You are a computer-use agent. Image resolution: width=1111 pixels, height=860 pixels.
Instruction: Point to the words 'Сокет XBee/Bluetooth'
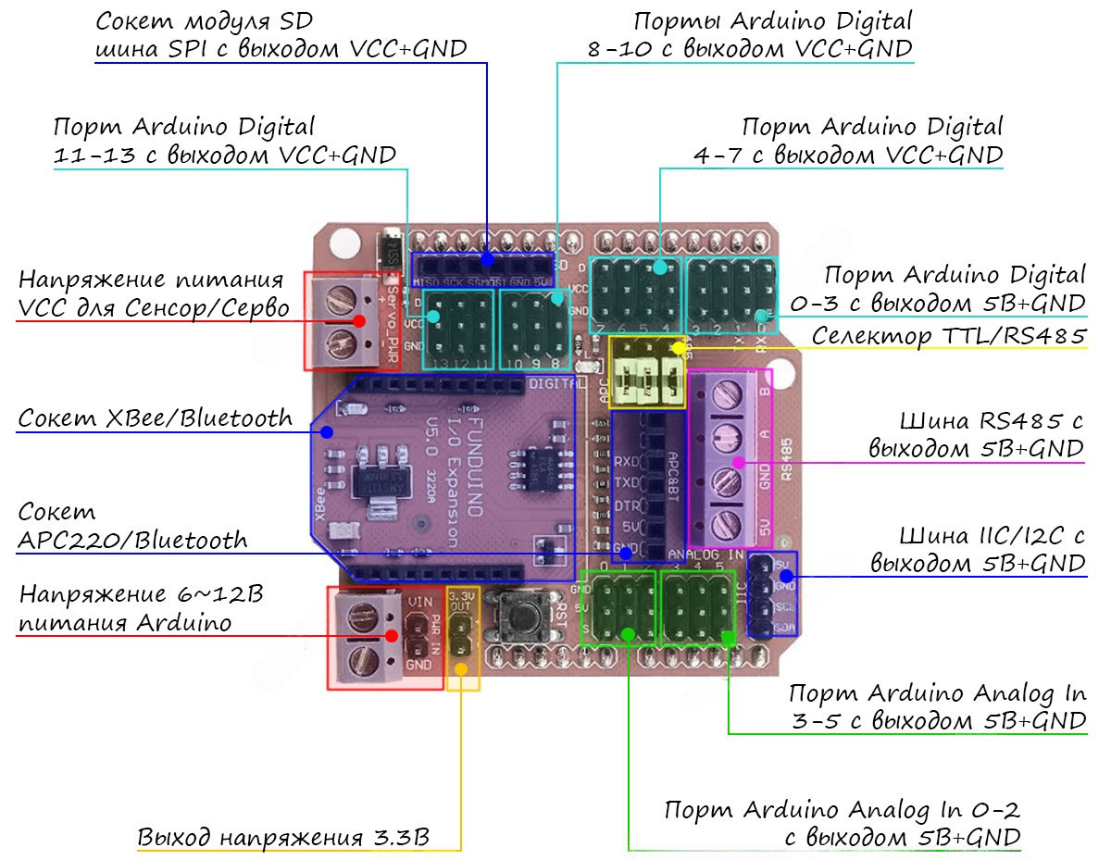pyautogui.click(x=155, y=418)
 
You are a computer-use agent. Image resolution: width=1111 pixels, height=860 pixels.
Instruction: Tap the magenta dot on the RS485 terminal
pyautogui.click(x=739, y=462)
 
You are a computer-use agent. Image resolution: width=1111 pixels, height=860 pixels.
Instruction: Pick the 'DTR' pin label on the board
pyautogui.click(x=627, y=506)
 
